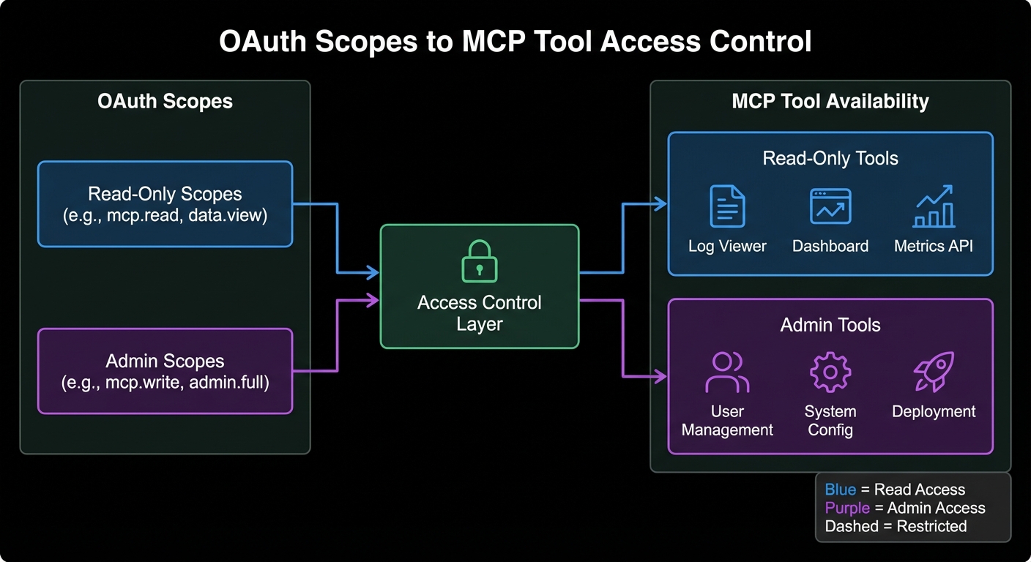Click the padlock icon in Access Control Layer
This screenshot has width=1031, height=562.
pos(480,261)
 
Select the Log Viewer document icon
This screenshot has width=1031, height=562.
pos(727,206)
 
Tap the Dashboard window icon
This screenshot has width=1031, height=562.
pos(830,206)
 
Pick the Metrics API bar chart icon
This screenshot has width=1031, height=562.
pos(934,206)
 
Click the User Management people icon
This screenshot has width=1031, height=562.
pos(727,372)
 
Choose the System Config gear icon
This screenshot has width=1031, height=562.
pos(830,372)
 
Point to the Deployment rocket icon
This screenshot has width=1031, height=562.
pos(934,372)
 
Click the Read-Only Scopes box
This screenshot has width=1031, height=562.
pos(165,203)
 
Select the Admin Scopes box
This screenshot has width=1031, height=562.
pos(165,370)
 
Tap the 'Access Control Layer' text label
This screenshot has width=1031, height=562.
pos(480,312)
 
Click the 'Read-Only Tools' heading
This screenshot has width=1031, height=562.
pos(830,158)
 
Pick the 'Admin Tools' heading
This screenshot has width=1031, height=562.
pos(830,324)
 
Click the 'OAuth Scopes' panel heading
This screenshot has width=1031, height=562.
pos(165,101)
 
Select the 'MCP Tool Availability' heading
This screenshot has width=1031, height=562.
pos(830,101)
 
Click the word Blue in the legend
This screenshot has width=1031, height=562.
pos(840,490)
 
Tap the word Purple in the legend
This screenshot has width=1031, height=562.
pos(847,508)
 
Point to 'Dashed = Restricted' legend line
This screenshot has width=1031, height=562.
pos(896,526)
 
